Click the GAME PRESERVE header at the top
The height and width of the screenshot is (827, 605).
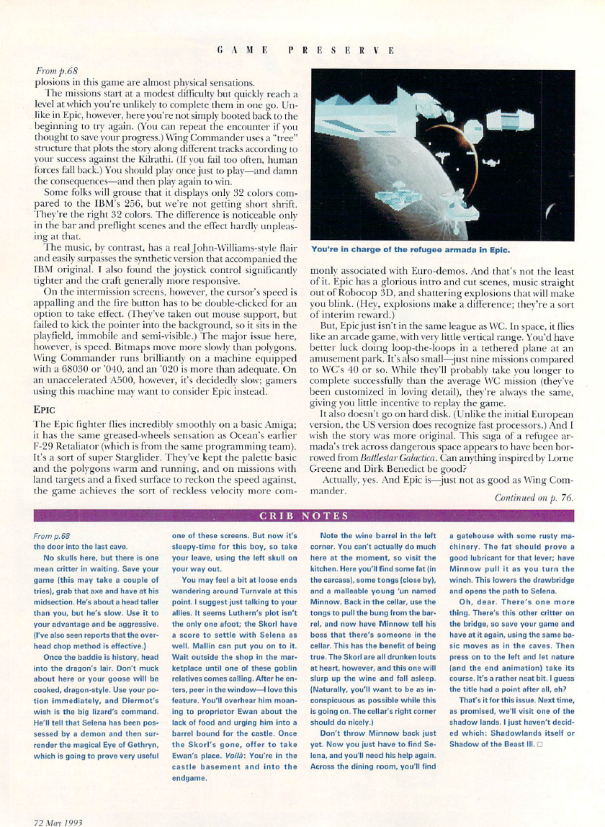click(307, 51)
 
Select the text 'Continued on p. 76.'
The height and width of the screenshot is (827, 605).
click(534, 498)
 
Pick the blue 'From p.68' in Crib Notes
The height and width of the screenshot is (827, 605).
click(52, 537)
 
